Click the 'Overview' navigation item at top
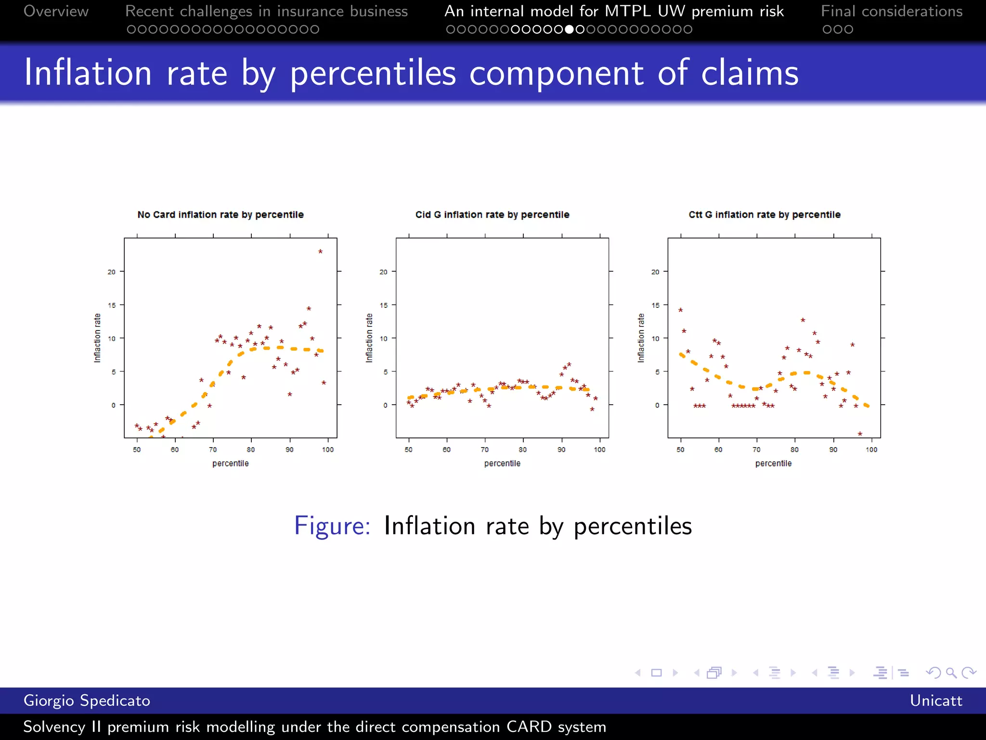pos(56,11)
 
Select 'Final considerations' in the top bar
pos(892,11)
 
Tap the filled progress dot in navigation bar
pos(569,29)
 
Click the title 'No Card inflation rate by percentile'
pos(221,214)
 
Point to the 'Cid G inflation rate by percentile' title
pos(492,214)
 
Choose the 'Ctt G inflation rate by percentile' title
pos(765,214)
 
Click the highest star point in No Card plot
pos(320,251)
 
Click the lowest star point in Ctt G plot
pos(860,434)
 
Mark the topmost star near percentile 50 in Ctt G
pos(680,310)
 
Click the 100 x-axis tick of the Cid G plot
pos(599,449)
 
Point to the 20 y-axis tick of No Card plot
pos(112,272)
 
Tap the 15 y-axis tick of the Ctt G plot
pos(655,305)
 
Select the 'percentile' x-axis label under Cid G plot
pos(502,463)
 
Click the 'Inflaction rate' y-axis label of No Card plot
pos(97,338)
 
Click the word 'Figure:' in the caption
pos(332,526)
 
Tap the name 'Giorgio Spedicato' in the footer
pos(87,700)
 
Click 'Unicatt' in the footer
pos(935,700)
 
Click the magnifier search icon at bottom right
pos(951,673)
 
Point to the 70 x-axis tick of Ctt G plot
pos(756,449)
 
